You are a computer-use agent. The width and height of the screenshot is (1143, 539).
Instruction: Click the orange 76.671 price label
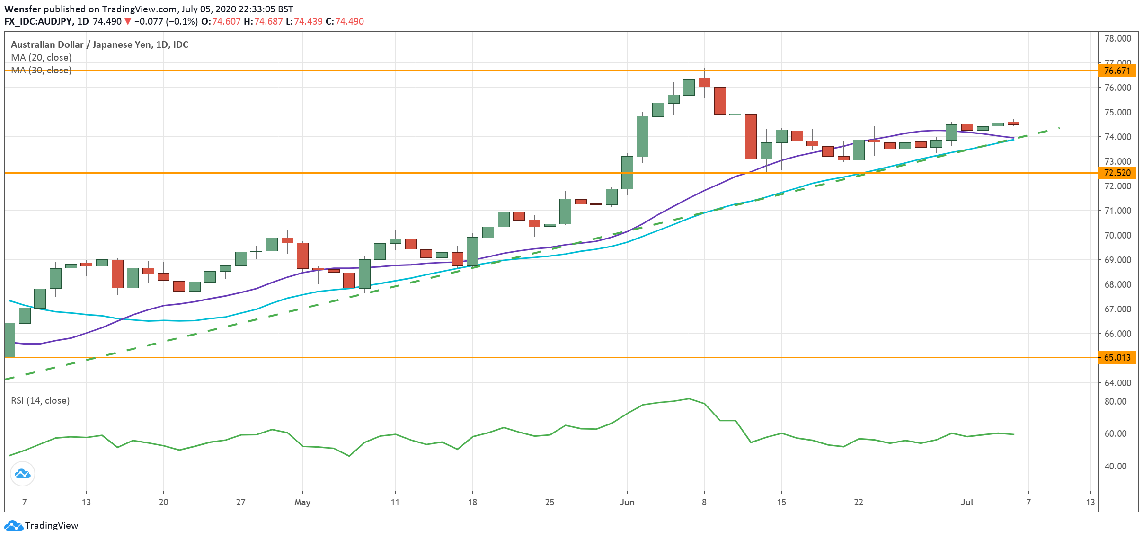coord(1116,71)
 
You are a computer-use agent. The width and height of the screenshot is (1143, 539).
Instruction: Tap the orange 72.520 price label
coord(1116,173)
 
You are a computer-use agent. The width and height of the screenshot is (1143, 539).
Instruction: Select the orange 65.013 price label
coord(1116,358)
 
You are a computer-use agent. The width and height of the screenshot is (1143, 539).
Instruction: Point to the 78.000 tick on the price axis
coord(1117,38)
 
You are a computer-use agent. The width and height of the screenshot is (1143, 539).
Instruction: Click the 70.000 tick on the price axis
coord(1117,235)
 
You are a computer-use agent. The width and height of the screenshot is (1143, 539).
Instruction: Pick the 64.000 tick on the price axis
coord(1117,383)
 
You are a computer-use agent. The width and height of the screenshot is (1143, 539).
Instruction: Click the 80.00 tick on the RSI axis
coord(1115,401)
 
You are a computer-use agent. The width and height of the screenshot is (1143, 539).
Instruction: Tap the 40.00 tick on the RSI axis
coord(1115,466)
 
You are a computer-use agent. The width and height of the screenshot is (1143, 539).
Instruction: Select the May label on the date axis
coord(302,503)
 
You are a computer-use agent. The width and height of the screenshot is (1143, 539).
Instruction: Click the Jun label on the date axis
coord(627,503)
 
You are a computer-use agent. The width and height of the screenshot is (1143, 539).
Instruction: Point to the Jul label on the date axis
coord(966,503)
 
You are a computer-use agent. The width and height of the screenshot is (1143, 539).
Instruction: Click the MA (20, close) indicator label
coord(41,57)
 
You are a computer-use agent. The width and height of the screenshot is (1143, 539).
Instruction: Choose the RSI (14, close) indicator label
coord(40,401)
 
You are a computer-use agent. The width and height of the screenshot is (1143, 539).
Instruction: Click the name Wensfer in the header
coord(22,9)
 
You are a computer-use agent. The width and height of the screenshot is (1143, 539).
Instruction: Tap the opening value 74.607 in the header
coord(226,22)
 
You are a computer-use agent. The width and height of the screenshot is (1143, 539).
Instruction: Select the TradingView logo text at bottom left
coord(51,526)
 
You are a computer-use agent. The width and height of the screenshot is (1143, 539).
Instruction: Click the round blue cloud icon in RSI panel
coord(22,474)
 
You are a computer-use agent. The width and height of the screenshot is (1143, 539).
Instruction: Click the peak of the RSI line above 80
coord(689,398)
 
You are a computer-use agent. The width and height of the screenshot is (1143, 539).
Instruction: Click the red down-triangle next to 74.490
coord(127,22)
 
